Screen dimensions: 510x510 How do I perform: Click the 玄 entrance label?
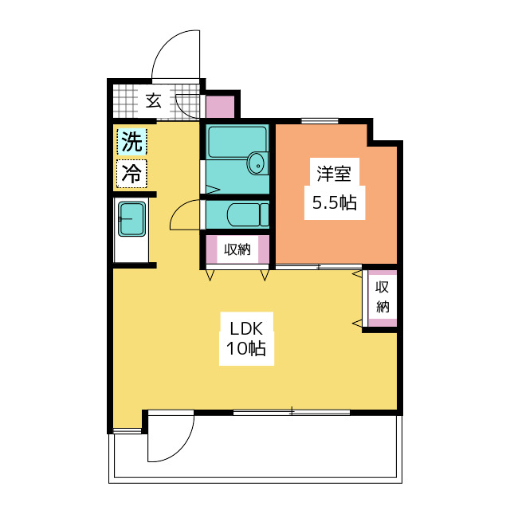(153, 100)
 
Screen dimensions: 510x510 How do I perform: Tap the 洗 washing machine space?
(131, 141)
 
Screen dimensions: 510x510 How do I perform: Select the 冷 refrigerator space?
(131, 174)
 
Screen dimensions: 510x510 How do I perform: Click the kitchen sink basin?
(131, 219)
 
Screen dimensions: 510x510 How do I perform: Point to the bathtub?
(237, 142)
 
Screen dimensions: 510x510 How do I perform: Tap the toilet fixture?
(248, 214)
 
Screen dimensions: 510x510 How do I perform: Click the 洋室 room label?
(334, 174)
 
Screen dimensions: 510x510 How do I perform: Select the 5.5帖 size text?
(335, 202)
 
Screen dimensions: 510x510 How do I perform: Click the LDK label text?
(246, 329)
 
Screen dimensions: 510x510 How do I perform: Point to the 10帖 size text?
(246, 348)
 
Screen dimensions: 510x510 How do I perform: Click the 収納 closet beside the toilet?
(237, 249)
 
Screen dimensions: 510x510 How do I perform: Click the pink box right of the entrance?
(220, 107)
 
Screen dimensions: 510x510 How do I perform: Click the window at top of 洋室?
(320, 121)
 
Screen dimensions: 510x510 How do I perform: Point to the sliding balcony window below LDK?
(292, 412)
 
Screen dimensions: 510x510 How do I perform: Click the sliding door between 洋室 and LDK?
(319, 267)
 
